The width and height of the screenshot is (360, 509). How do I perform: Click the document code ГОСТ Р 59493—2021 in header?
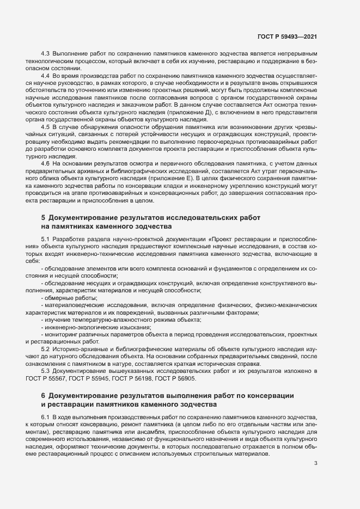287,36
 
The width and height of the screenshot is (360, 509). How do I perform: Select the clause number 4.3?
46,55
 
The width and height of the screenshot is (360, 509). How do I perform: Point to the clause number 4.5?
46,127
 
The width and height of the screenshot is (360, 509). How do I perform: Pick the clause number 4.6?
46,164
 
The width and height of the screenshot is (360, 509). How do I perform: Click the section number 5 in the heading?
44,218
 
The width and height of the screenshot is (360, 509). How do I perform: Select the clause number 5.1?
46,240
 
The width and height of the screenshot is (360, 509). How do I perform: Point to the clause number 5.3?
46,371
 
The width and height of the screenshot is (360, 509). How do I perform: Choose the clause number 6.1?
46,416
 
